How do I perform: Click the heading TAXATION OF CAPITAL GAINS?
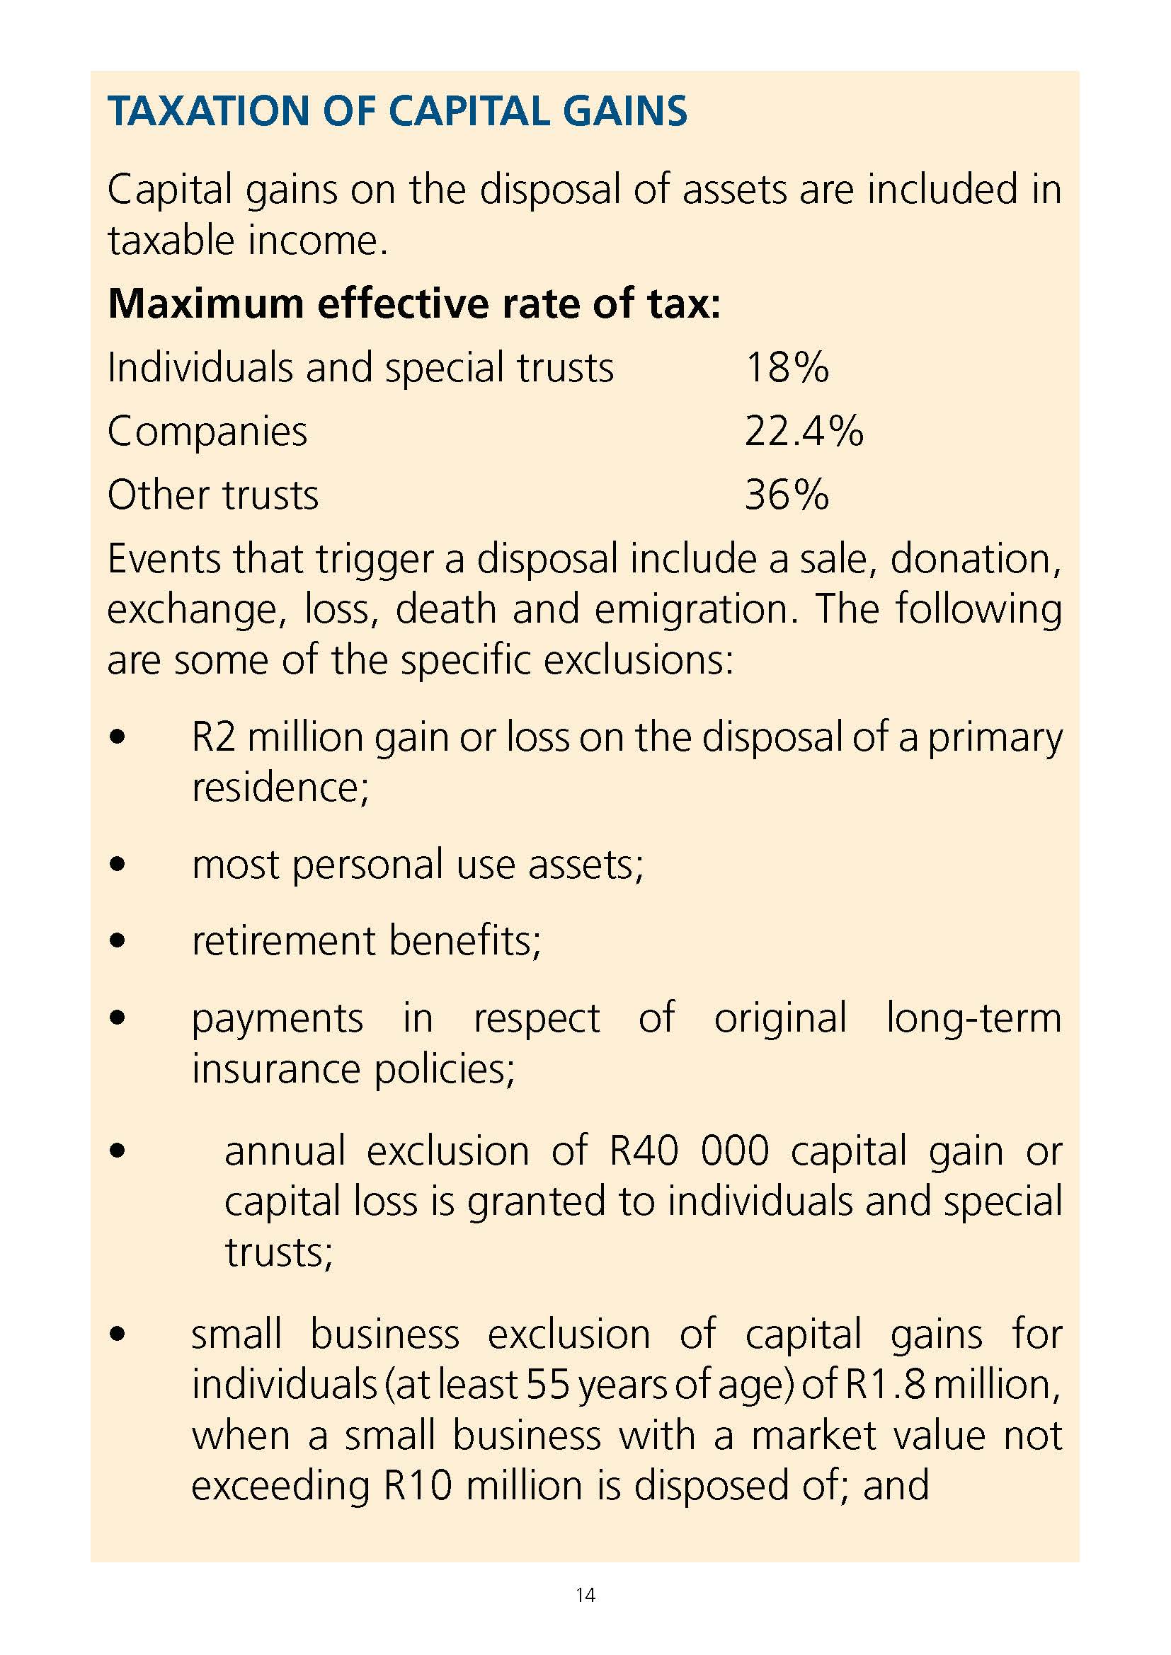[396, 113]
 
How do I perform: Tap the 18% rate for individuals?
[787, 368]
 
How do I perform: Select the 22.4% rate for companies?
[804, 431]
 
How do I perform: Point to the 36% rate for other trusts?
[787, 495]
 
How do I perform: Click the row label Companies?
[207, 431]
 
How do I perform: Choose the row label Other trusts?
[212, 495]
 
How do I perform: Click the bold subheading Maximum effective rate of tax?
[414, 304]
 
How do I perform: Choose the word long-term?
[973, 1017]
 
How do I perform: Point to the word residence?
[280, 787]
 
